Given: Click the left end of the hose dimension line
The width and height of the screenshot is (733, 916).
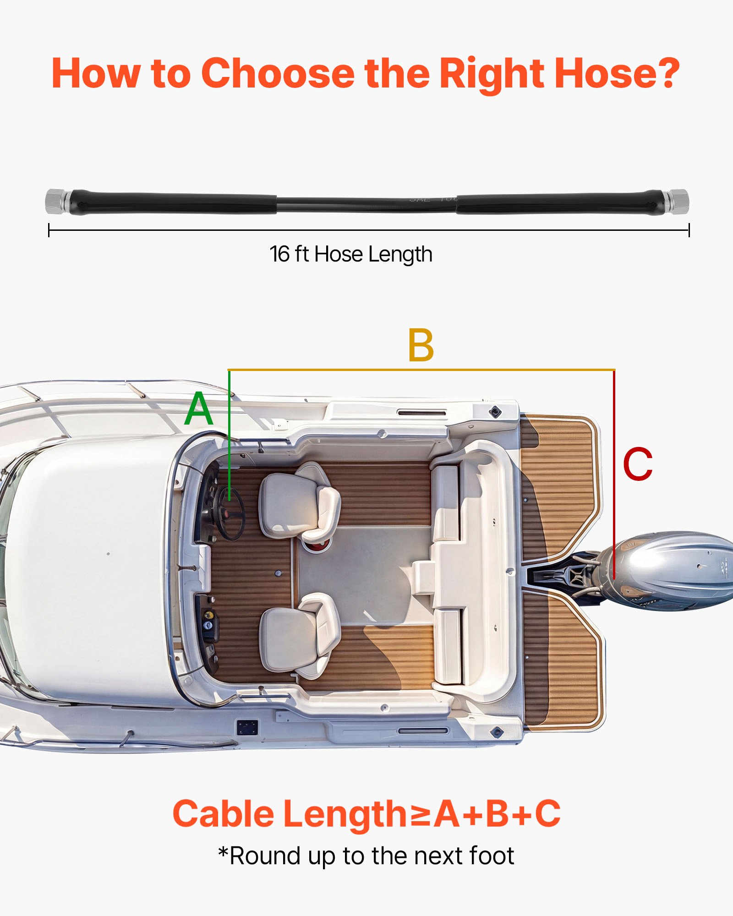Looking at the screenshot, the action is coord(49,230).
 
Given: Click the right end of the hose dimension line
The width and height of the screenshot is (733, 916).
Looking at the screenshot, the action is coord(689,230).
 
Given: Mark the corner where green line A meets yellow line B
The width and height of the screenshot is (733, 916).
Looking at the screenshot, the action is coord(229,370).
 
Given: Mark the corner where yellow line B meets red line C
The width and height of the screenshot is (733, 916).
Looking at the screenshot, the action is coord(614,370).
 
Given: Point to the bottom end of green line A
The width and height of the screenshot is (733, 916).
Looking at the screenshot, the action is coord(229,500).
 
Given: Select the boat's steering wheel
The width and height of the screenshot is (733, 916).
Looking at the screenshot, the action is coord(230,513).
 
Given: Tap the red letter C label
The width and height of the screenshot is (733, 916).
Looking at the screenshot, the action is coord(638,464).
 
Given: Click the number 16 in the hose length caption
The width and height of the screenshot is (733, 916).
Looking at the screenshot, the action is coord(279,254).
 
